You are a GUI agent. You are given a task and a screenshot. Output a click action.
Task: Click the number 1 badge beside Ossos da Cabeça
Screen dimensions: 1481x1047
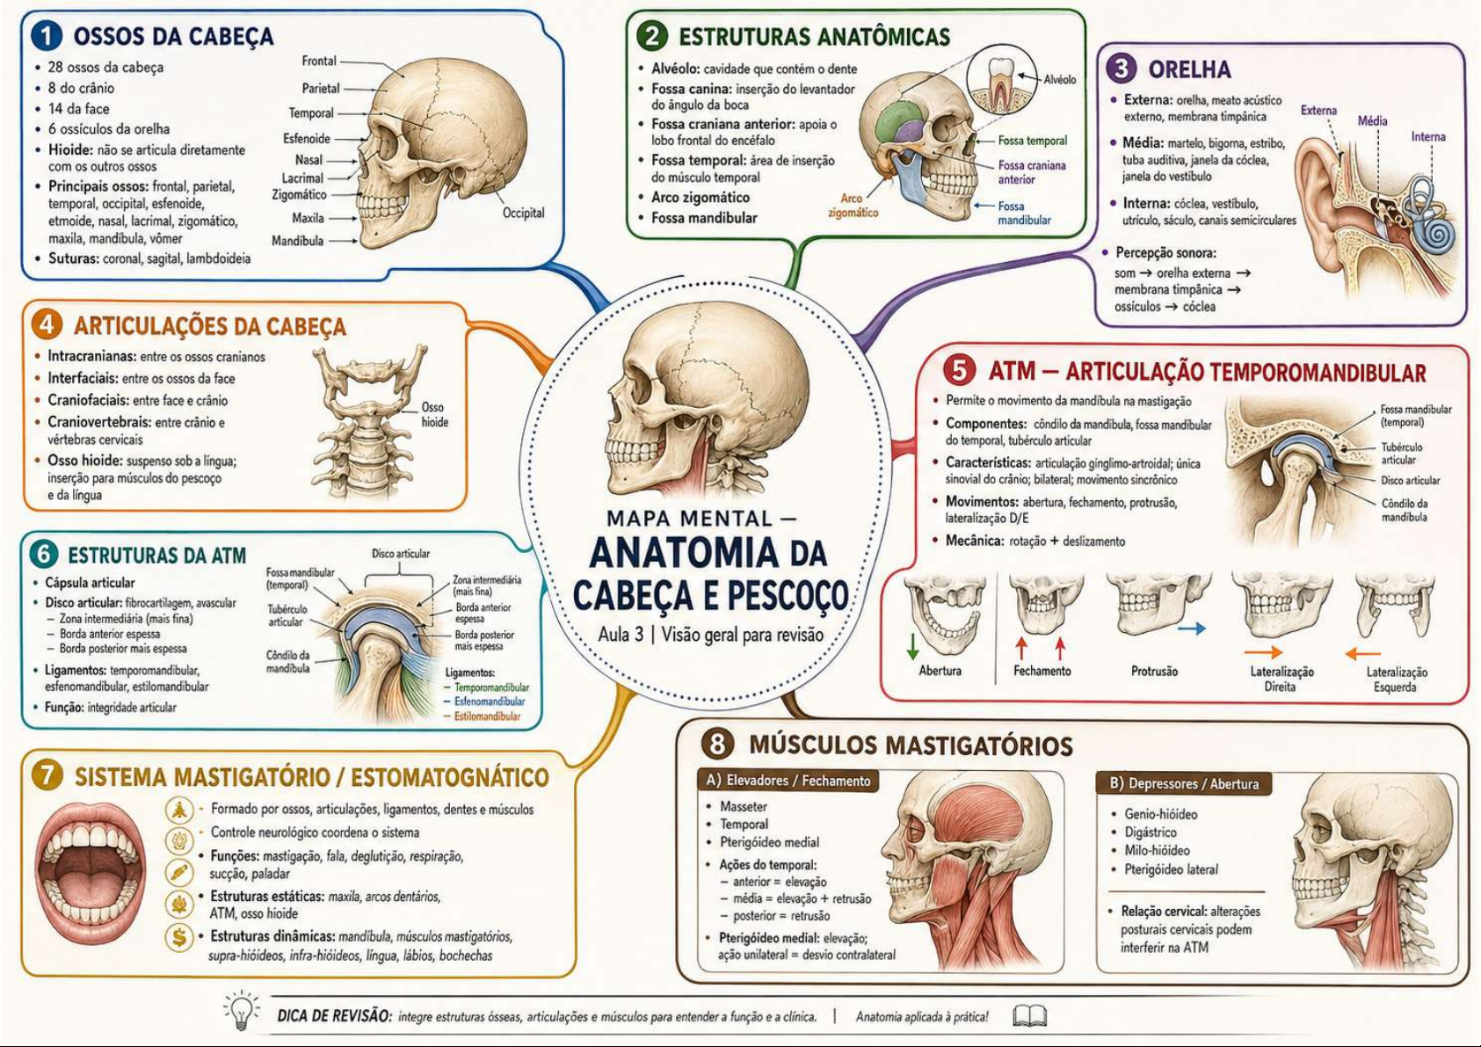coord(47,36)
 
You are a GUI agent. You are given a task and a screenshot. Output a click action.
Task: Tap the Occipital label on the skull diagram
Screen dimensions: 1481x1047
coord(524,213)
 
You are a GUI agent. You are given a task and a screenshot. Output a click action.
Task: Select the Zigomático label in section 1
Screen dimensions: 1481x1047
coord(300,195)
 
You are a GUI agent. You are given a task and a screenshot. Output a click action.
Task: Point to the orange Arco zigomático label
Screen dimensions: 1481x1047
coord(853,206)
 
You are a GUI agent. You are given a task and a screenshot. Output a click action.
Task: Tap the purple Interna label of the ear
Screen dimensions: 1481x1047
coord(1428,137)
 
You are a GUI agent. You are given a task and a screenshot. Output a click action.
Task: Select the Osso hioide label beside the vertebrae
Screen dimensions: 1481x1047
coord(435,415)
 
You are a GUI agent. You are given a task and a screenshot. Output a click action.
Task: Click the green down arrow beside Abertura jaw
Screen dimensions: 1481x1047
coord(912,647)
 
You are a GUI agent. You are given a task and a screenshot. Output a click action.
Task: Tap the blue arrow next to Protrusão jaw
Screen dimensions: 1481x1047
coord(1192,629)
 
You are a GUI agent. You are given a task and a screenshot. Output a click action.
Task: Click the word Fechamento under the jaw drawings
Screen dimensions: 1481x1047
coord(1042,671)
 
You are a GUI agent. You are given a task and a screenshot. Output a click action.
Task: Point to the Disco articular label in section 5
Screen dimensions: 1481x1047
coord(1410,481)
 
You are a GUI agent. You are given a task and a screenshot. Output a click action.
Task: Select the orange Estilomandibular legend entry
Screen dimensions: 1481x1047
coord(487,716)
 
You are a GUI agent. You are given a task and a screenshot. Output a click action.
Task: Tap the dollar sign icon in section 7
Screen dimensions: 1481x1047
coord(178,938)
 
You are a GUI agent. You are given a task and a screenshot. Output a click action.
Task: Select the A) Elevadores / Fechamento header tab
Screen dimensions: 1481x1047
coord(788,782)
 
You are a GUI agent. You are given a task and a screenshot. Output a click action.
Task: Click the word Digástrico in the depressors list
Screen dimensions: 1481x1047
coord(1151,833)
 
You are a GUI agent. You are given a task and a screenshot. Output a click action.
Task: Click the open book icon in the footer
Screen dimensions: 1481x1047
coord(1030,1016)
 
